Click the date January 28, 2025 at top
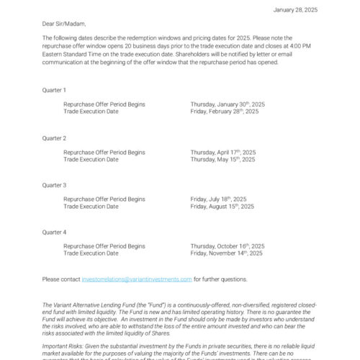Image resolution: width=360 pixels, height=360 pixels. point(295,9)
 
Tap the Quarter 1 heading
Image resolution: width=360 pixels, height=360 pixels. point(54,90)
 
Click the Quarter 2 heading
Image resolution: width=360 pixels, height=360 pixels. point(54,138)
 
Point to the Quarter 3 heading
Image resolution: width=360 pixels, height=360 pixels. point(54,185)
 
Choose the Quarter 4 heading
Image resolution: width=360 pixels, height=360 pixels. point(54,232)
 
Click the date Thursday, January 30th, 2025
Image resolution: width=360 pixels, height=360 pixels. point(228,104)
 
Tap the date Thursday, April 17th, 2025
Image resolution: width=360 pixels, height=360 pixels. point(222,152)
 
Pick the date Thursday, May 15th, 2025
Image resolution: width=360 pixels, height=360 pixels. point(222,159)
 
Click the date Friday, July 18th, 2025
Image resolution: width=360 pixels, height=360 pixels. point(218,199)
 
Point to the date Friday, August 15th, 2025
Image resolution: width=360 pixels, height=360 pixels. point(222,206)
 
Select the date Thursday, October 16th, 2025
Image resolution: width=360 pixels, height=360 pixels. point(227,246)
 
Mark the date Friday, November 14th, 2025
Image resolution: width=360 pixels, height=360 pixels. point(226,253)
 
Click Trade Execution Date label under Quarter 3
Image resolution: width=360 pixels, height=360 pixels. point(91,206)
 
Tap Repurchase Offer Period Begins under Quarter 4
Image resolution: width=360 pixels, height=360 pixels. point(104,246)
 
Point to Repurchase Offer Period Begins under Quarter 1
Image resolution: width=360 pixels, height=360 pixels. point(104,104)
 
